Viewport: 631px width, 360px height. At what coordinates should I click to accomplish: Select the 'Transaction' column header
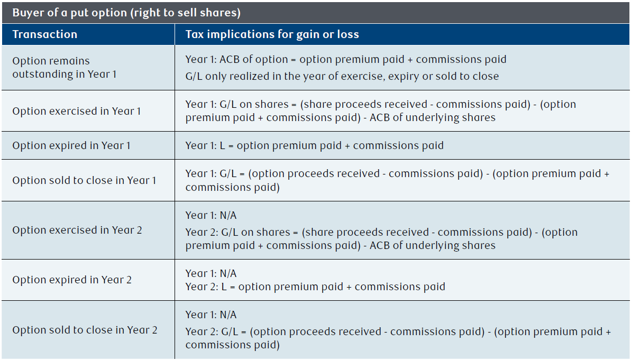click(44, 34)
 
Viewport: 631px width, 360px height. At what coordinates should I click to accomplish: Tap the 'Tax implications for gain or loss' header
click(272, 34)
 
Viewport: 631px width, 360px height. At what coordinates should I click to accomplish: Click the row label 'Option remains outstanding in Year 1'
click(65, 68)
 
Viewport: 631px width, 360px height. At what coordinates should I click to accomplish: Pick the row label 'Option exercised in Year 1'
click(77, 111)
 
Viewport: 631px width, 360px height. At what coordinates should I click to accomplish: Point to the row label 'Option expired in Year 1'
click(71, 145)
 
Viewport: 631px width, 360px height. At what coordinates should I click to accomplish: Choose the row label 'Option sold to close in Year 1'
click(84, 180)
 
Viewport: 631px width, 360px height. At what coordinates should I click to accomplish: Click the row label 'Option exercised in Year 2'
click(77, 230)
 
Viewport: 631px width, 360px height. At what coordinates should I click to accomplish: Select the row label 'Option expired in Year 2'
click(71, 280)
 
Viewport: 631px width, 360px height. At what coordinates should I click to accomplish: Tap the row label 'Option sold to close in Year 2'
click(85, 330)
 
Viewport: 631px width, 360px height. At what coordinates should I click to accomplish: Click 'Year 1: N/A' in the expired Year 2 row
click(211, 273)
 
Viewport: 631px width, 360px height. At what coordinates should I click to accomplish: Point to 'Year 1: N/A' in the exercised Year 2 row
click(211, 216)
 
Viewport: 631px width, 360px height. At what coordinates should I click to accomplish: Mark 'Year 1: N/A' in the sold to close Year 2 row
click(211, 315)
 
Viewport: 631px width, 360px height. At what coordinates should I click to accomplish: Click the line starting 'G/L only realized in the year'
click(342, 77)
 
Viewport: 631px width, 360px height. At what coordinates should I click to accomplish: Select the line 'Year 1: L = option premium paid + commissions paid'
click(314, 145)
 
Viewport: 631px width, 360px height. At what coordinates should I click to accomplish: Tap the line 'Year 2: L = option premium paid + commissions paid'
click(315, 287)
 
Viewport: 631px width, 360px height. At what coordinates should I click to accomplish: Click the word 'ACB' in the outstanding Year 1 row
click(230, 59)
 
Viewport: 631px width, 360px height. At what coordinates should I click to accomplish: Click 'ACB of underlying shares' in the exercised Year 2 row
click(433, 245)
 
